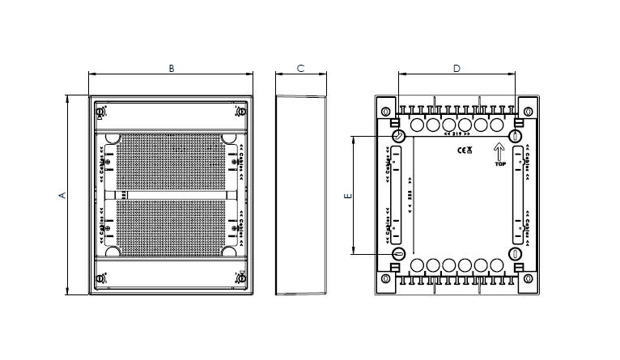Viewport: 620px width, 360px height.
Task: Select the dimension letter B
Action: point(171,69)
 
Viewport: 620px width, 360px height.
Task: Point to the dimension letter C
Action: point(300,69)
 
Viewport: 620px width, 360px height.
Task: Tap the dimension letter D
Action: point(457,69)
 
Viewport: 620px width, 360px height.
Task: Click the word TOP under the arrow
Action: point(499,163)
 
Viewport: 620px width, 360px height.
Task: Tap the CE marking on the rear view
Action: point(459,150)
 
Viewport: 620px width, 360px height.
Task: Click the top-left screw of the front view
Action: point(100,112)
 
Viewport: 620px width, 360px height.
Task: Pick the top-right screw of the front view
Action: point(240,112)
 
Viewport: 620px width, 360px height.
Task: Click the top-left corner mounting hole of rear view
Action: point(385,111)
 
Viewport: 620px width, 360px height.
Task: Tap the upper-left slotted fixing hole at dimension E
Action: point(399,136)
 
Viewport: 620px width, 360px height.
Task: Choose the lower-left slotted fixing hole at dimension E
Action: point(399,254)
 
